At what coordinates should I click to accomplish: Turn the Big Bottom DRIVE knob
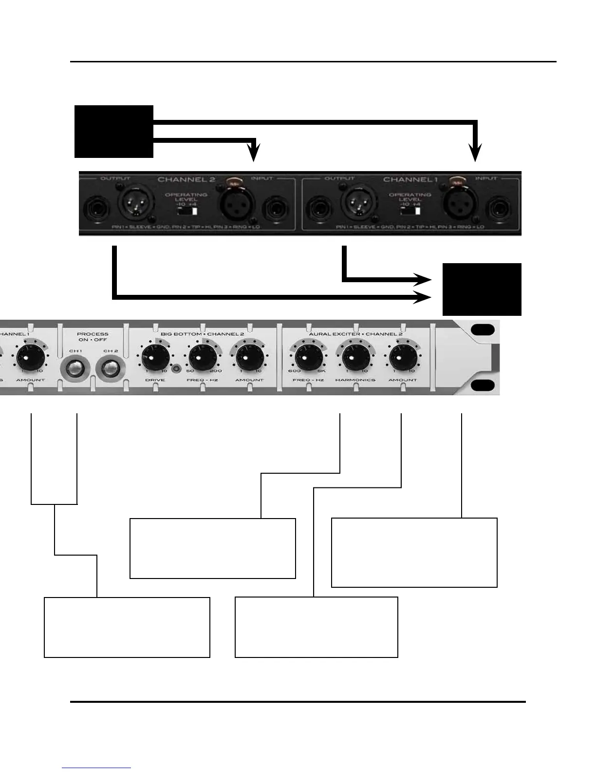[x=152, y=359]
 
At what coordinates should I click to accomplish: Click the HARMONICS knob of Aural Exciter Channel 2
[x=356, y=359]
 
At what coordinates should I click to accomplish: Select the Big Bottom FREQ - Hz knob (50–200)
[x=203, y=359]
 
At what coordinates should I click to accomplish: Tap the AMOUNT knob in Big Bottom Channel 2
[x=249, y=359]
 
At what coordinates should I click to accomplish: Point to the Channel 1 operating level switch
[x=410, y=212]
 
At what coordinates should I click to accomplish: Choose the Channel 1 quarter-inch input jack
[x=501, y=211]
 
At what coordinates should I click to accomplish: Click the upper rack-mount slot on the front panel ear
[x=483, y=329]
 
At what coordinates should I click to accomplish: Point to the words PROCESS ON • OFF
[x=93, y=337]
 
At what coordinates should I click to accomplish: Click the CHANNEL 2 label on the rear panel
[x=186, y=179]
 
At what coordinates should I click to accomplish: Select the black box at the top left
[x=114, y=131]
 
